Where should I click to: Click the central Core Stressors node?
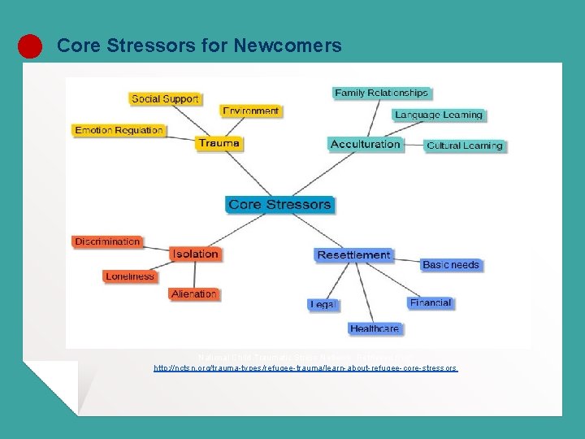[x=279, y=204]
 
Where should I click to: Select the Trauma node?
[x=219, y=143]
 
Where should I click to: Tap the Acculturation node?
[x=366, y=144]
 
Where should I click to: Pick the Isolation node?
[x=195, y=254]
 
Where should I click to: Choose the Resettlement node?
[x=353, y=254]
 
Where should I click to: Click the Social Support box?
[x=165, y=98]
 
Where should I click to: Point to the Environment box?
[x=251, y=111]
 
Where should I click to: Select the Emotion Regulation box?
[x=119, y=130]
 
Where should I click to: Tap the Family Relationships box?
[x=381, y=93]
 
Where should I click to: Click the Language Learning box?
[x=439, y=115]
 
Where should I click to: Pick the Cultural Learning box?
[x=465, y=146]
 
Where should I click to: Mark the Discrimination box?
[x=107, y=241]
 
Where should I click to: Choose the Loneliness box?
[x=130, y=276]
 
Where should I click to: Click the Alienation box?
[x=194, y=293]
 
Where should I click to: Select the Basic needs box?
[x=451, y=264]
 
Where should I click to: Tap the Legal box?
[x=323, y=304]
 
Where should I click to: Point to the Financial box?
[x=431, y=302]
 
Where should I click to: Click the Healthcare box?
[x=375, y=328]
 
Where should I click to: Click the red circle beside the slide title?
[x=30, y=46]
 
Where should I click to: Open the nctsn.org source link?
[x=305, y=368]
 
